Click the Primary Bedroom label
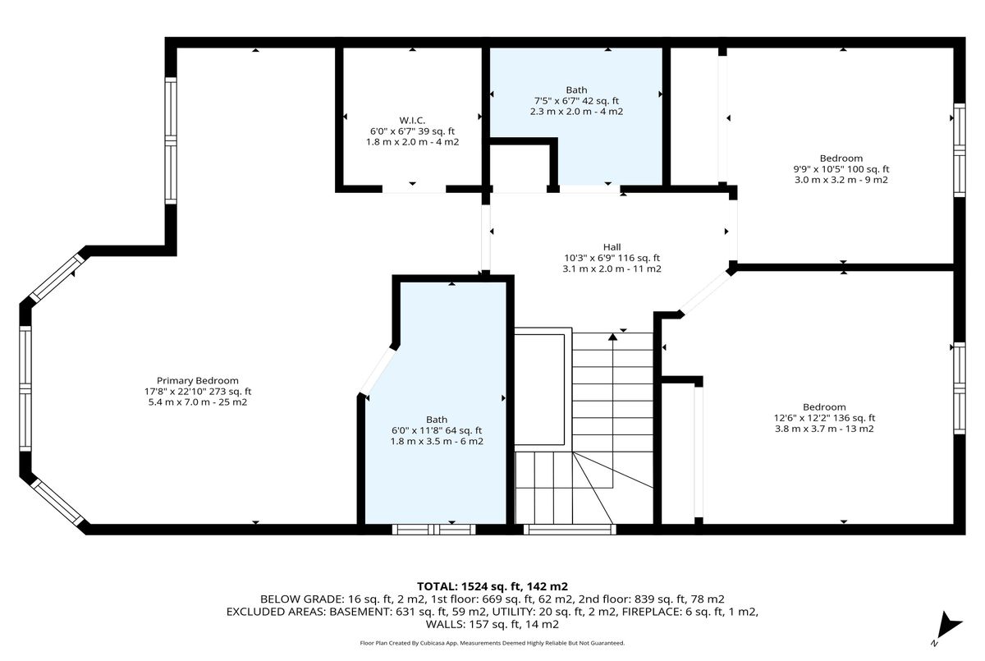[198, 381]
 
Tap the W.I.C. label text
[412, 121]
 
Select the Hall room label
[612, 247]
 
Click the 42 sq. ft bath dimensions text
[576, 101]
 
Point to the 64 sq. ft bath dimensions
[437, 430]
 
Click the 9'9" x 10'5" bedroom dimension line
[841, 169]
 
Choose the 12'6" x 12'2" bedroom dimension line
[824, 418]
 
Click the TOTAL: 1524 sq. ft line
[492, 586]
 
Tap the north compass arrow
[949, 626]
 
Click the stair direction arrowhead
[612, 337]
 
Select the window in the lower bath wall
[433, 529]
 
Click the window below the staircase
[570, 529]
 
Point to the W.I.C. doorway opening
[414, 190]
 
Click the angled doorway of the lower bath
[377, 370]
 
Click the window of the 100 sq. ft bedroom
[959, 150]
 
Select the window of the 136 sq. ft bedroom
[959, 388]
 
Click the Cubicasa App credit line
[492, 643]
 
